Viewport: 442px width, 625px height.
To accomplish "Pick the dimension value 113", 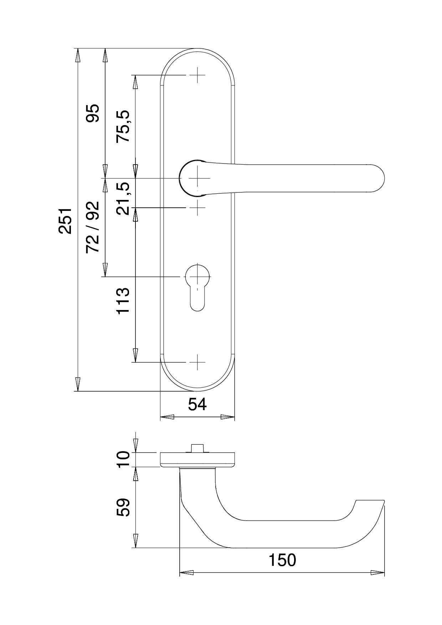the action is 123,301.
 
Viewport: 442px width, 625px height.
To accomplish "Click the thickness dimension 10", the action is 123,460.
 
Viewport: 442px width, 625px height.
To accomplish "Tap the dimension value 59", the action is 123,507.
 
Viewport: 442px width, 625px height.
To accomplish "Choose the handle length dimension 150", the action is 282,561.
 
